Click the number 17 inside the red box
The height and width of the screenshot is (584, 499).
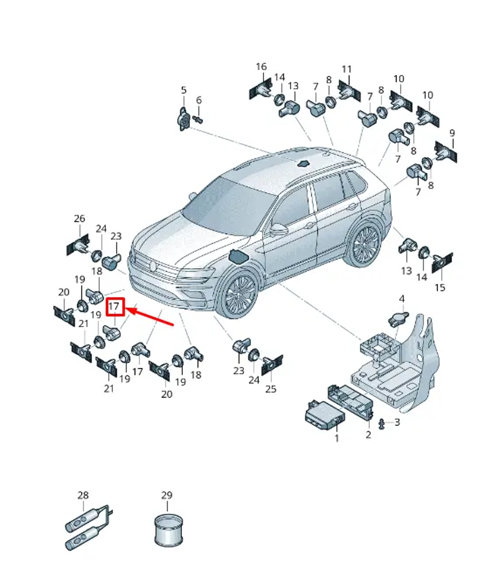click(x=115, y=306)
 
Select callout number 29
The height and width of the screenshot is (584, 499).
click(x=167, y=495)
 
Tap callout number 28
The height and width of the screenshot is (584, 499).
click(x=83, y=495)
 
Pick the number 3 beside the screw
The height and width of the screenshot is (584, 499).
click(x=397, y=423)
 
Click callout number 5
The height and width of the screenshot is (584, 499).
click(x=184, y=90)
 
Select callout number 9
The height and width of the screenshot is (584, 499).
click(x=452, y=133)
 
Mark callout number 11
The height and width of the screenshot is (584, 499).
click(x=347, y=69)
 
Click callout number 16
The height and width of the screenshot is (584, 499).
click(x=261, y=66)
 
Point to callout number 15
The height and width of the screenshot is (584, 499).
click(x=440, y=288)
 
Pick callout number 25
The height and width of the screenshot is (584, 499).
click(x=270, y=389)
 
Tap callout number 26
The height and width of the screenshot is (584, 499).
click(x=79, y=218)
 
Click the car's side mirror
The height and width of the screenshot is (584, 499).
click(x=279, y=230)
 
